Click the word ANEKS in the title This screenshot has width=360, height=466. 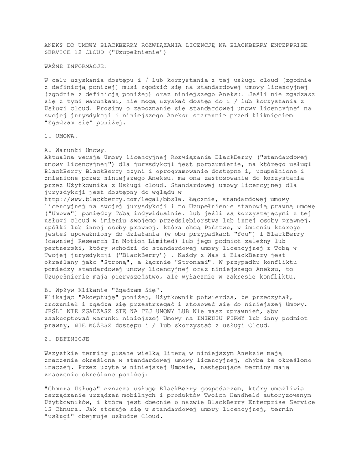tap(54, 46)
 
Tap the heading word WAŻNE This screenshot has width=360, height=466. tap(54, 66)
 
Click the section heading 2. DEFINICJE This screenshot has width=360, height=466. tap(67, 339)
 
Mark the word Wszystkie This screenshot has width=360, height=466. tap(61, 353)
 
